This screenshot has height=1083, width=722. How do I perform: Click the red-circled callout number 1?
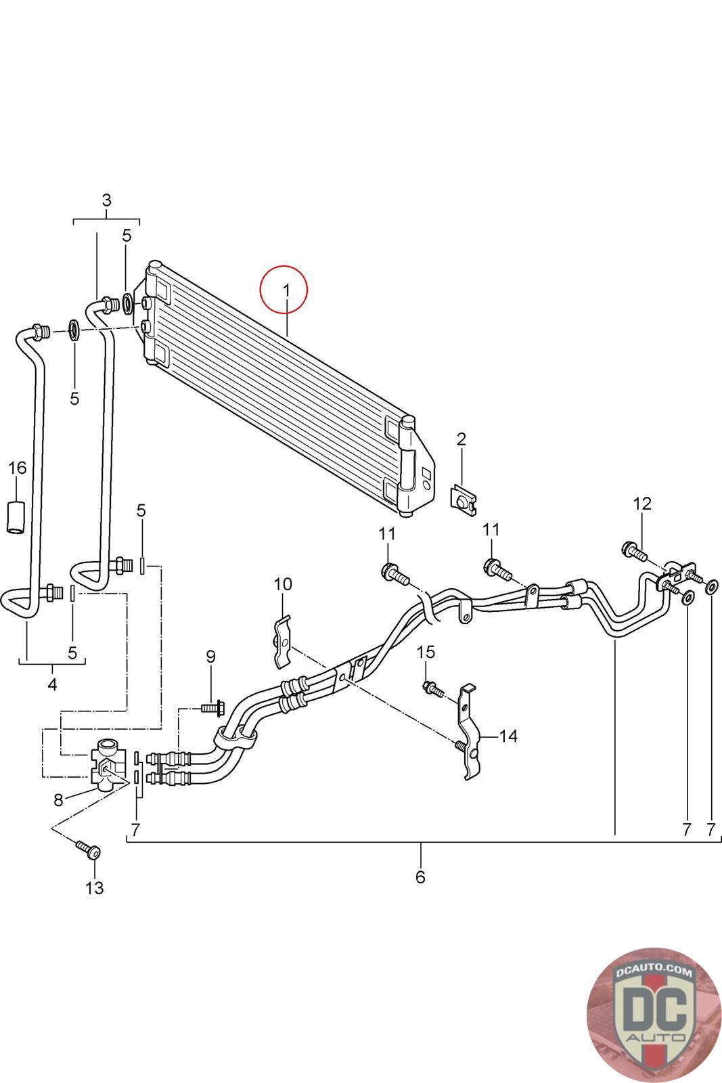pyautogui.click(x=286, y=290)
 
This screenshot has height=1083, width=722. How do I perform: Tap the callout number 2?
pyautogui.click(x=461, y=439)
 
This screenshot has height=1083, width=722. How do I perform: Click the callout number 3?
pyautogui.click(x=107, y=200)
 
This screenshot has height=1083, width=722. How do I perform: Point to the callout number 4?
pyautogui.click(x=52, y=684)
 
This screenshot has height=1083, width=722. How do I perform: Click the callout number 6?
pyautogui.click(x=420, y=877)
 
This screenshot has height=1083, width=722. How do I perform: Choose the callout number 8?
pyautogui.click(x=58, y=800)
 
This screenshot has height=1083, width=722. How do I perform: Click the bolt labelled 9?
pyautogui.click(x=212, y=709)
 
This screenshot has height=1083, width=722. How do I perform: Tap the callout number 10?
pyautogui.click(x=283, y=584)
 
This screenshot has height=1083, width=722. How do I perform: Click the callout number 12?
pyautogui.click(x=642, y=504)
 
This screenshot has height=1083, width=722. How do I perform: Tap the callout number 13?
pyautogui.click(x=95, y=887)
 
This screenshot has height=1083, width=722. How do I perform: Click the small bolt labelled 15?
pyautogui.click(x=432, y=689)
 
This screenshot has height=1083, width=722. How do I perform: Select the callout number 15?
pyautogui.click(x=426, y=653)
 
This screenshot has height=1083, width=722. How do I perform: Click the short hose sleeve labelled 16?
pyautogui.click(x=16, y=518)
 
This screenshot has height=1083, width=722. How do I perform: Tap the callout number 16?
pyautogui.click(x=18, y=468)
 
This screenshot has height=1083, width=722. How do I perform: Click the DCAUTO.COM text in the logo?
pyautogui.click(x=654, y=970)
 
